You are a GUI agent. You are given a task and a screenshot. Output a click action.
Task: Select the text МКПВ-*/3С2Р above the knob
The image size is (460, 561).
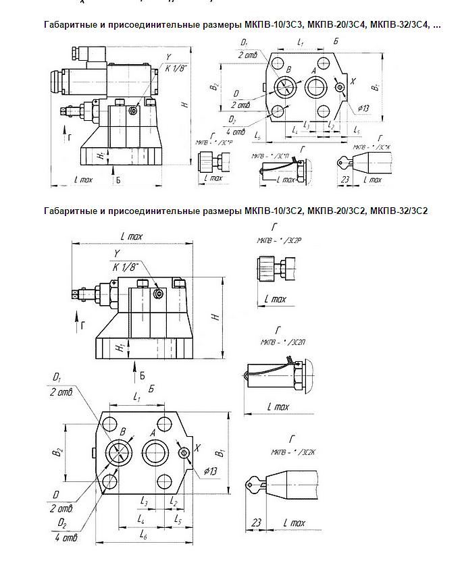(x=277, y=240)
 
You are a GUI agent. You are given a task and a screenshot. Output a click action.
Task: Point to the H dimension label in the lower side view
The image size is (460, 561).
(x=214, y=317)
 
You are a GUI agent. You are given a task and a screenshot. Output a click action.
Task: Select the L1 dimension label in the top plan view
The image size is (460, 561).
(x=301, y=43)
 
